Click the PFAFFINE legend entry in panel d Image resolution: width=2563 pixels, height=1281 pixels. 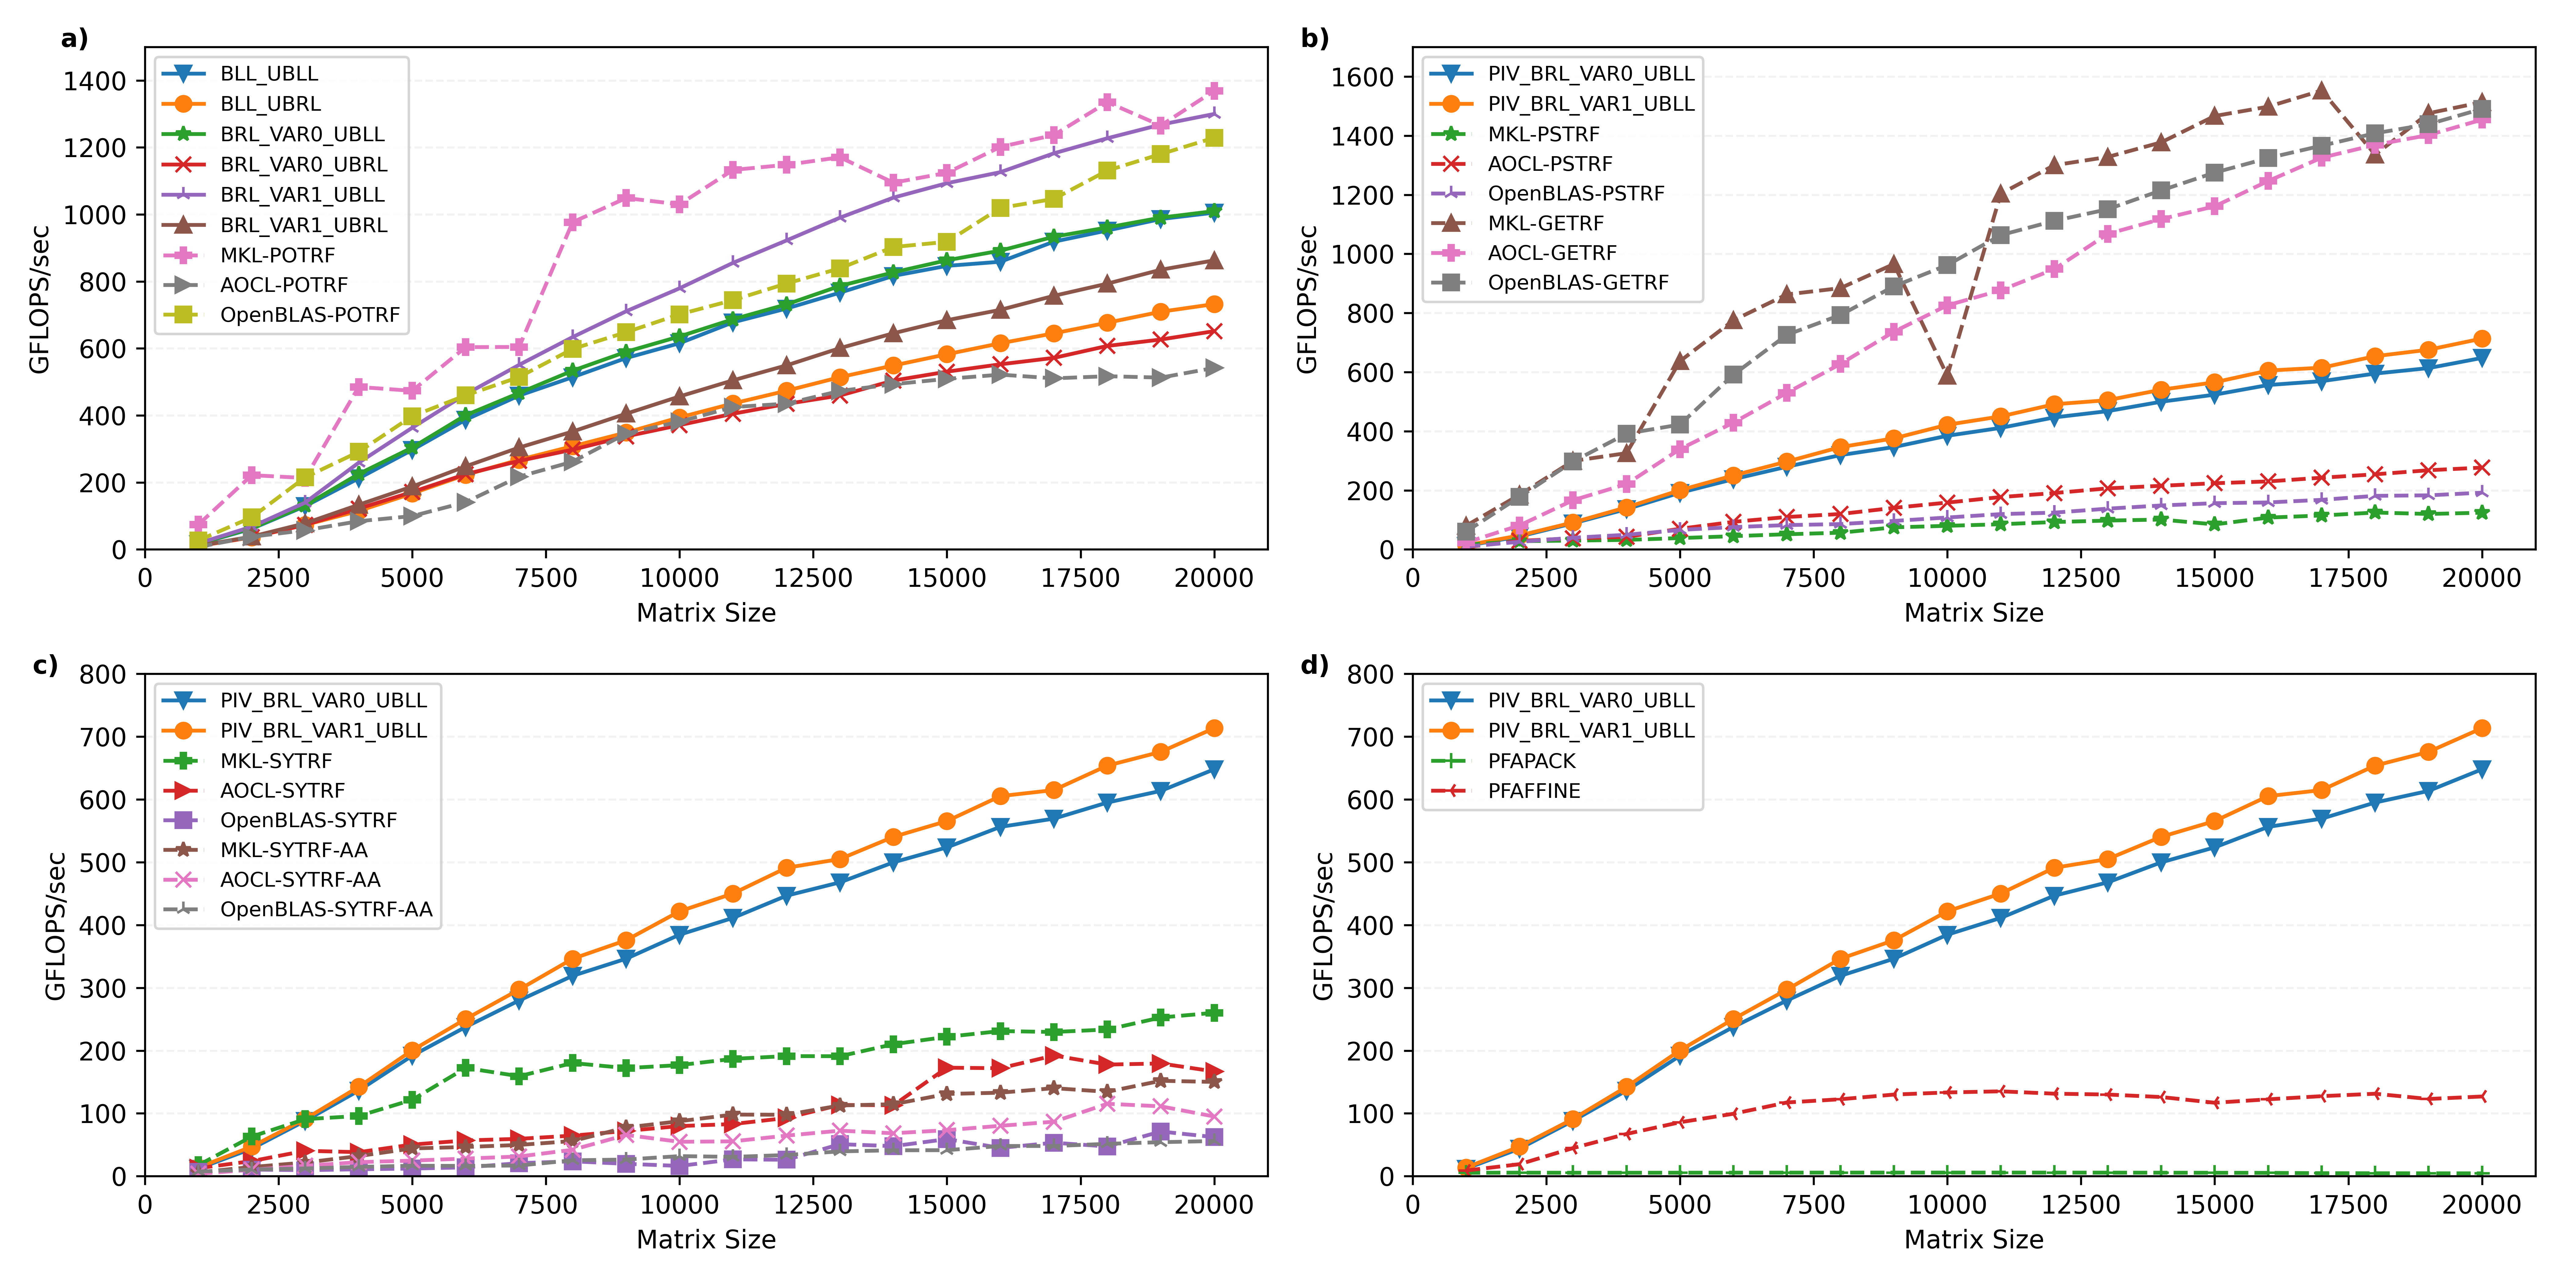1533,791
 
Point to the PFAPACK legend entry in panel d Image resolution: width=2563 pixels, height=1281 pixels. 1531,761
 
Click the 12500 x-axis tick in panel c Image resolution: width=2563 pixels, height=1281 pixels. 813,1204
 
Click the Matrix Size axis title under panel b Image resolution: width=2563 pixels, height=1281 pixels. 1973,613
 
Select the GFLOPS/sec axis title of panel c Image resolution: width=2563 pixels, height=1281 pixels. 56,925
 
